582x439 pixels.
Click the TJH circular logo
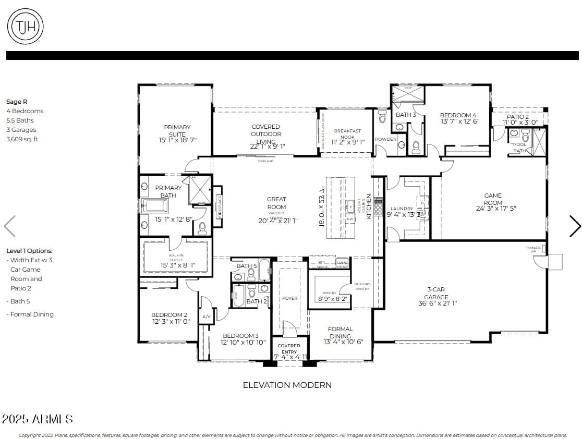click(x=25, y=26)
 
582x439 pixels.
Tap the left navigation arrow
click(x=10, y=226)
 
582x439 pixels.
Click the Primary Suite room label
click(x=177, y=130)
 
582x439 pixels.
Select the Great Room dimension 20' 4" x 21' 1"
click(x=277, y=221)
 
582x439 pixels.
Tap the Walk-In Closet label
click(x=176, y=258)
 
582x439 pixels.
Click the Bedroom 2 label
click(x=169, y=315)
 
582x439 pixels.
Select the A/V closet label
click(x=206, y=316)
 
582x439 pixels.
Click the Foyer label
click(x=289, y=298)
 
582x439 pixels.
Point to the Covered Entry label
click(x=288, y=349)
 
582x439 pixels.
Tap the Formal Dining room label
click(x=340, y=332)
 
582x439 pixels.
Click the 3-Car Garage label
click(x=436, y=293)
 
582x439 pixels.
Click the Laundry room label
click(x=402, y=209)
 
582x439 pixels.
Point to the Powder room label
click(x=385, y=139)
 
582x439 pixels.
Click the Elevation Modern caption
click(x=287, y=385)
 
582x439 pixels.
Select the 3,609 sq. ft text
click(x=22, y=139)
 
